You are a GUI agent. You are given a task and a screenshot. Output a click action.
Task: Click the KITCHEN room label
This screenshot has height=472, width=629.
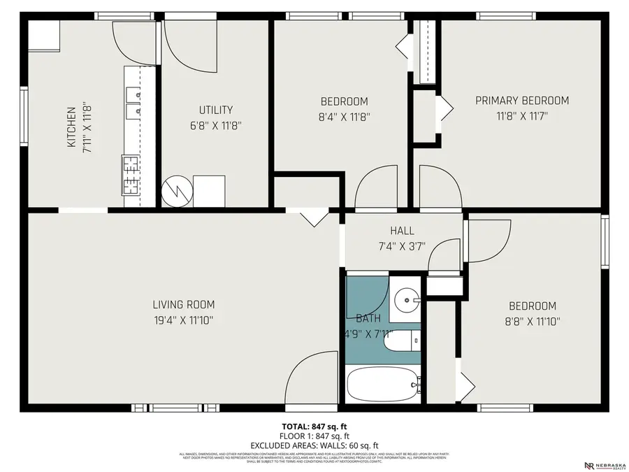tap(71, 127)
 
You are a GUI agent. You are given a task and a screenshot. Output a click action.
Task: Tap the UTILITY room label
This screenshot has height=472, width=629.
tap(215, 110)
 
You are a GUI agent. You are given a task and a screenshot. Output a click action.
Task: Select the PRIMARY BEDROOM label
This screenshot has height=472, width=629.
tap(521, 101)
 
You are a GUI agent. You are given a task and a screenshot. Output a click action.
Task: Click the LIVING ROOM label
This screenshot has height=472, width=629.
tap(184, 305)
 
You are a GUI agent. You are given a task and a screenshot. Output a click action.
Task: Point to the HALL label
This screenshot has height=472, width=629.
tap(402, 231)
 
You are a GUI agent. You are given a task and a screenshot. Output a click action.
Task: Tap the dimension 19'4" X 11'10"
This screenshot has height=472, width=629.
tap(184, 321)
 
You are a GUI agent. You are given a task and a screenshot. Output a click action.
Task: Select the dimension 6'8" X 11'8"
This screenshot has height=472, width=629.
tap(215, 126)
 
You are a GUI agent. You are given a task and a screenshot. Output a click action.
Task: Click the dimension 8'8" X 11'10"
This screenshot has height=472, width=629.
tap(532, 322)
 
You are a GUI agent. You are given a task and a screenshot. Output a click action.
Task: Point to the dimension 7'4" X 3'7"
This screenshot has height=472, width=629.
tap(402, 246)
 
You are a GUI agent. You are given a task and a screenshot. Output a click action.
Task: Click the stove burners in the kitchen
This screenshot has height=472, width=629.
tap(131, 175)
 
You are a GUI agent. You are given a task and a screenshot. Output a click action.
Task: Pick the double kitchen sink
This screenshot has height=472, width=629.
tap(133, 101)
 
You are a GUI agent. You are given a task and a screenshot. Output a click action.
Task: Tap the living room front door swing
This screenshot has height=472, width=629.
tap(311, 381)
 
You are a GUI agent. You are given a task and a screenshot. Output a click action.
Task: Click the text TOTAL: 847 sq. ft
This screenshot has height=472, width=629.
tap(314, 426)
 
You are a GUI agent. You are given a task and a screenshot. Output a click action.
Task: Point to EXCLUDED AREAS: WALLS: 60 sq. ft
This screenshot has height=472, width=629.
tap(314, 445)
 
